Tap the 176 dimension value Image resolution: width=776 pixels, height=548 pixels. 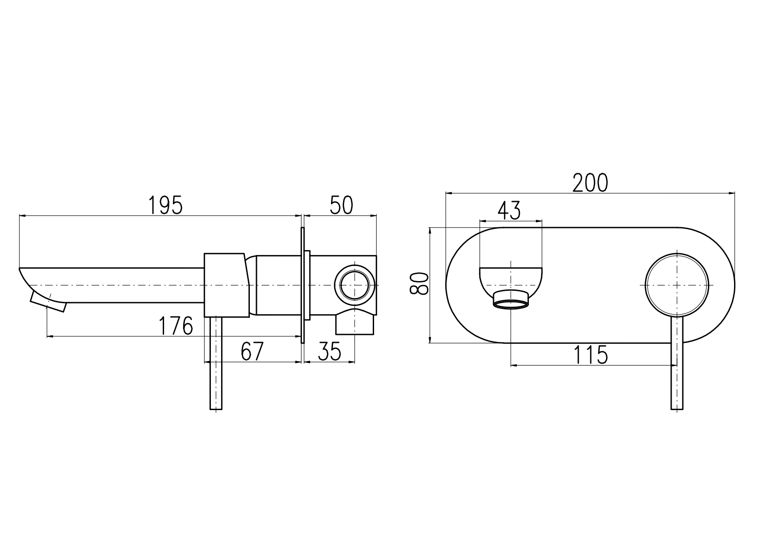coord(176,326)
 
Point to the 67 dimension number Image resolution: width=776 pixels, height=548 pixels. coord(252,351)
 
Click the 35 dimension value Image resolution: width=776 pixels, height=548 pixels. coord(330,351)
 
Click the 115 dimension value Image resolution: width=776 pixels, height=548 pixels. coord(591,355)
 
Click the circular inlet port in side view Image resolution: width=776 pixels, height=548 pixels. coord(355,285)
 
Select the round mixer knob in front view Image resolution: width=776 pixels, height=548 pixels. coord(677,285)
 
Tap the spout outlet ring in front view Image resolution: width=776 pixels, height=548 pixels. coord(511,300)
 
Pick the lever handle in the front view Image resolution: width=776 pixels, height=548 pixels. coord(677,363)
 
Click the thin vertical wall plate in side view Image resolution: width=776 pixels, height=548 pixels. coord(303,285)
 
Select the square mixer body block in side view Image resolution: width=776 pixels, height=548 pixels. coord(226,285)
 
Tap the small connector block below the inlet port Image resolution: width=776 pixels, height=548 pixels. coord(355,322)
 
